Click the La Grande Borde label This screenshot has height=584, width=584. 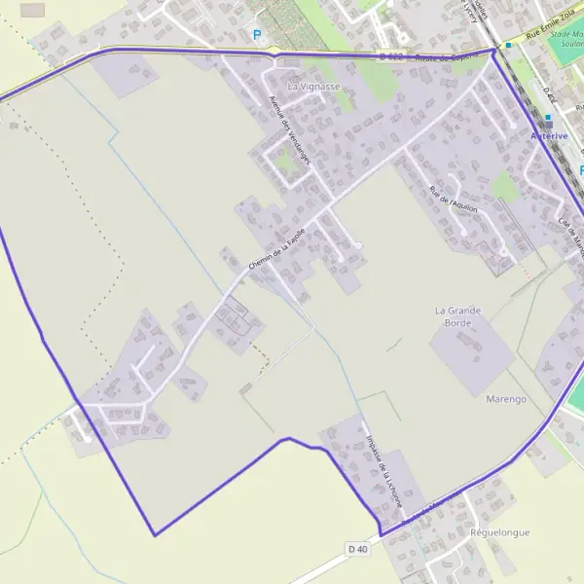pos(458,317)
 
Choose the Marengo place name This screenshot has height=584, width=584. pos(505,399)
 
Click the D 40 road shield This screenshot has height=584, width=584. pos(358,550)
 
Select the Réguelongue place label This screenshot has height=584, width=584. pos(499,533)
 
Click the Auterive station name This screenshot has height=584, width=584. pos(548,136)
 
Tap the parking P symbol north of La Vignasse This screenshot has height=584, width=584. pos(257,35)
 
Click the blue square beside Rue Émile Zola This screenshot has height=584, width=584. pos(508,45)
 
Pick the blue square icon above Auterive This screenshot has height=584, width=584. pos(548,120)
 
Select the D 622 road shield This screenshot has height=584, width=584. pos(390,56)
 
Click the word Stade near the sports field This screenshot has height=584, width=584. pos(562,33)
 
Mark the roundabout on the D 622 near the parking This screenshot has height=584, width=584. pos(275,51)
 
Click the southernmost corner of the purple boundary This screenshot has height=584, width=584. pos(155,534)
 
